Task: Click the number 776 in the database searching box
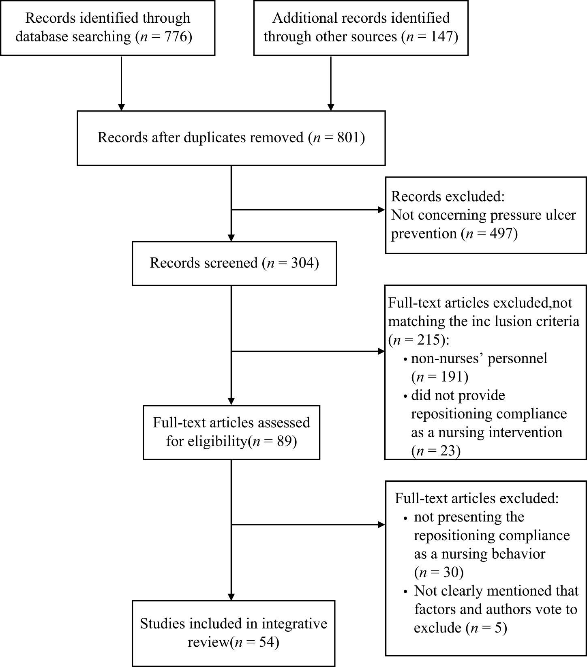pos(176,37)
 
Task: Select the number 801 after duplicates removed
pos(349,137)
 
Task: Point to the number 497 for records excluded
pos(501,234)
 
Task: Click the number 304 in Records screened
pos(302,263)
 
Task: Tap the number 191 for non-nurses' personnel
pos(451,377)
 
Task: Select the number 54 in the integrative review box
pos(266,642)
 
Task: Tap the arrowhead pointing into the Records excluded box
pos(381,210)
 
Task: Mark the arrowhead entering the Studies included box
pos(231,597)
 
